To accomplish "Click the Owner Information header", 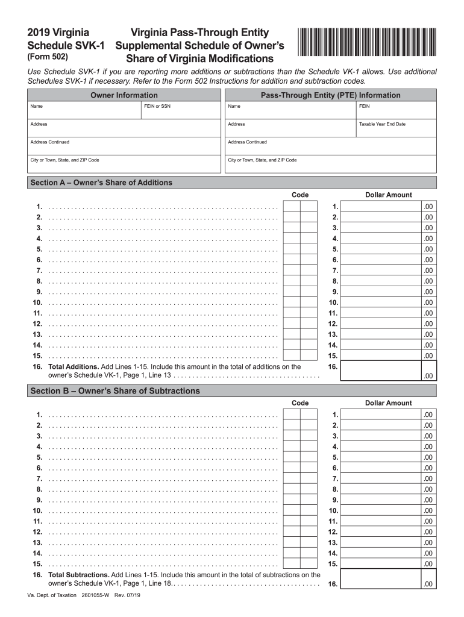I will click(x=124, y=95).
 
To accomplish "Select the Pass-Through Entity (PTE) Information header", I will click(x=330, y=95).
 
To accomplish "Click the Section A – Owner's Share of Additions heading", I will click(x=101, y=183).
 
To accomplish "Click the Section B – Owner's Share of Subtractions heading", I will click(x=114, y=391).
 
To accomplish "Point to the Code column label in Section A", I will click(x=300, y=195).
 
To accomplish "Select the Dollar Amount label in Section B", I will click(x=389, y=403).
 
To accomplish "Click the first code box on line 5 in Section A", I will click(x=292, y=249).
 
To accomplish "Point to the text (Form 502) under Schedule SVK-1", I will click(x=48, y=57).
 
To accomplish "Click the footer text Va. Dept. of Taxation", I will click(x=52, y=595).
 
